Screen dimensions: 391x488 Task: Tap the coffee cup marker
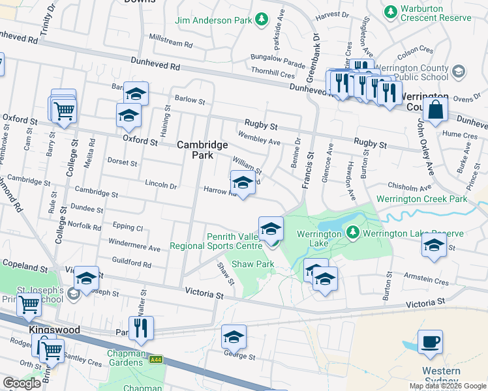click(x=430, y=342)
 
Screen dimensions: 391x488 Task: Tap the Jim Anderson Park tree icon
click(x=260, y=20)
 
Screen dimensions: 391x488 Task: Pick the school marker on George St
click(x=234, y=337)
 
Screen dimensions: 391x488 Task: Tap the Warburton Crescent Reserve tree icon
click(x=391, y=11)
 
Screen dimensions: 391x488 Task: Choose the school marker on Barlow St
click(x=136, y=94)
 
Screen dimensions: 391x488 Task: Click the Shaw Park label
click(x=253, y=264)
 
